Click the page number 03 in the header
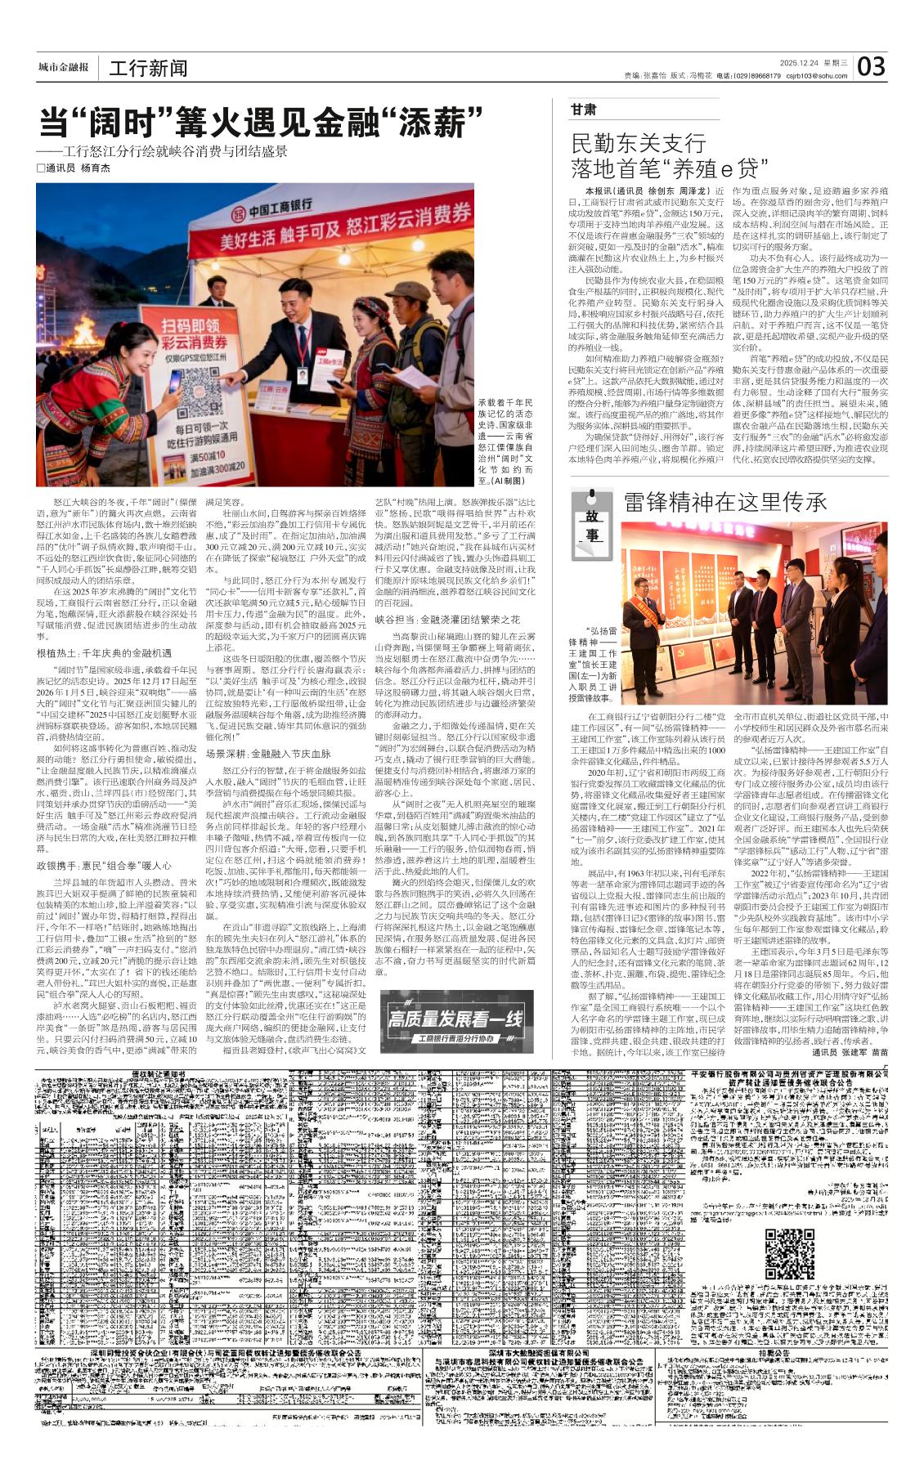[872, 66]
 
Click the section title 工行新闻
[148, 69]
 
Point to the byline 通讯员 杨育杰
[77, 168]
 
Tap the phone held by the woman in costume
[175, 381]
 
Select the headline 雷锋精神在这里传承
[725, 502]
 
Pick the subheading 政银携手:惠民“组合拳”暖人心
[103, 865]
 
